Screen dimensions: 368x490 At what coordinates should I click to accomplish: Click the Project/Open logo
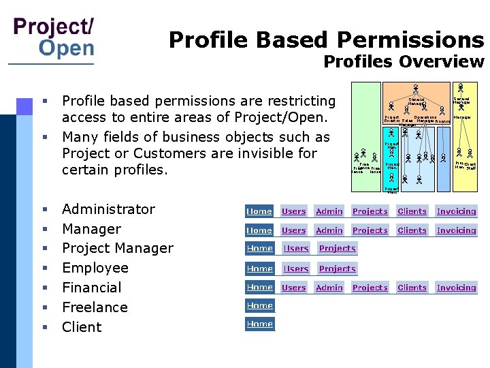[54, 37]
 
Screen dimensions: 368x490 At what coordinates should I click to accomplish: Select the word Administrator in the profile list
[108, 209]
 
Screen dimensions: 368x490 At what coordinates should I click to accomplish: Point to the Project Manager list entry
[117, 249]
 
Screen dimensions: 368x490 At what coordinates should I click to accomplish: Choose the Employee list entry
[95, 268]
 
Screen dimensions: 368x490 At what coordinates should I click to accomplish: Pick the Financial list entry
[91, 288]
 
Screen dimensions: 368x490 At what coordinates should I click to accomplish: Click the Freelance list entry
[95, 307]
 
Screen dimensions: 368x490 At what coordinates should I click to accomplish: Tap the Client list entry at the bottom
[82, 327]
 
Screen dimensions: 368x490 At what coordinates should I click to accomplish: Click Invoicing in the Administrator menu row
[456, 211]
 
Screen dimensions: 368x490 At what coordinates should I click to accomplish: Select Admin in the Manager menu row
[329, 230]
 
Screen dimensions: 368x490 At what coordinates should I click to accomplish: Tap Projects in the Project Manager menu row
[338, 249]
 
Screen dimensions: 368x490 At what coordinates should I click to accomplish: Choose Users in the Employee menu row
[296, 269]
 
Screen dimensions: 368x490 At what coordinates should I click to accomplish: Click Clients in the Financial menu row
[412, 288]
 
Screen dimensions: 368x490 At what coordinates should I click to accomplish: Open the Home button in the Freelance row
[260, 306]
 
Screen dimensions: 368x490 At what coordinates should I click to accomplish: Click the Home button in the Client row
[260, 324]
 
